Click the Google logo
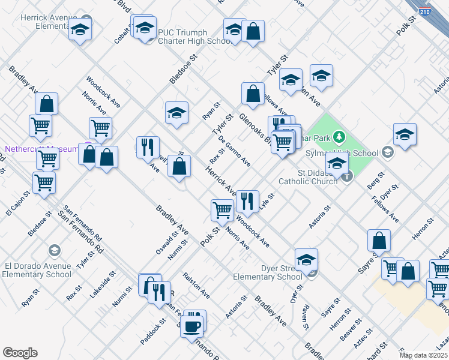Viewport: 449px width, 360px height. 20,353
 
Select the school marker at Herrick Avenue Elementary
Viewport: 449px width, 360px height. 80,29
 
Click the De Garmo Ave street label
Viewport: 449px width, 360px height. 235,151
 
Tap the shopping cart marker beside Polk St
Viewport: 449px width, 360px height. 222,210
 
